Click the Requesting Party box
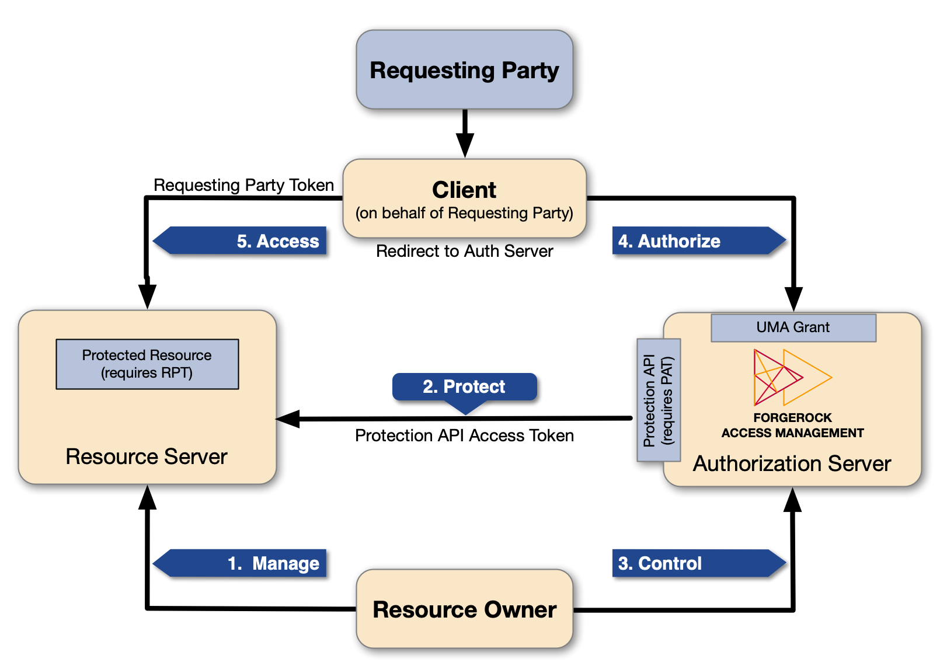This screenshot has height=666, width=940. point(464,70)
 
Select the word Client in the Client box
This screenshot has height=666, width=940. point(464,190)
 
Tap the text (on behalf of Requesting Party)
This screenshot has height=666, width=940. point(464,213)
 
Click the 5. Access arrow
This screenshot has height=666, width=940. point(245,240)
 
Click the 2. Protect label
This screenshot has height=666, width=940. point(464,386)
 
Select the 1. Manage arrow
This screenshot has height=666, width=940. point(245,563)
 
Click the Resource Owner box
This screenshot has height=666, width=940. point(464,609)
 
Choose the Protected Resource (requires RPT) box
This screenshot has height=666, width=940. point(147,364)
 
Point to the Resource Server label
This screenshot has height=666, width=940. point(146,456)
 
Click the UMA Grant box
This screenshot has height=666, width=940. point(793,327)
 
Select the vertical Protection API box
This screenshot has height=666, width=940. point(659,400)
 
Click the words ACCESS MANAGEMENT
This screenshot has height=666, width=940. point(792,433)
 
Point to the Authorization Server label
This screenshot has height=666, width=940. point(792,463)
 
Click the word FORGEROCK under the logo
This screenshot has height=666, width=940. point(792,418)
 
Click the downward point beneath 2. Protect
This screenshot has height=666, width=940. point(466,412)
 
